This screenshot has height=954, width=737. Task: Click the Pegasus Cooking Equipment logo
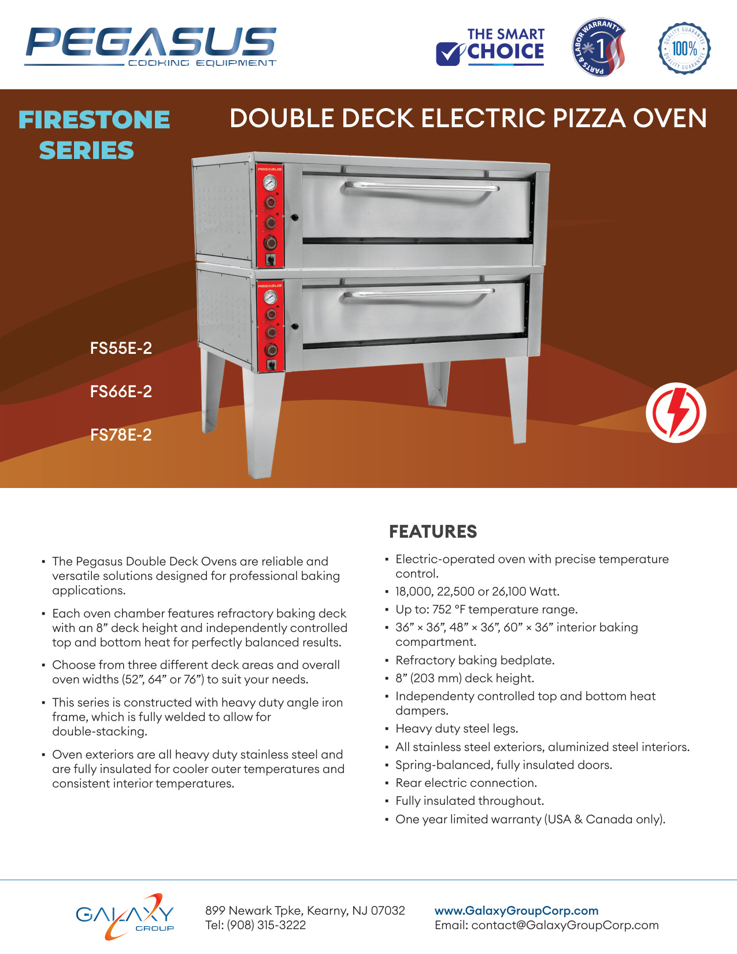click(x=150, y=46)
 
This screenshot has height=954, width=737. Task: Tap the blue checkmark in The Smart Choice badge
click(x=450, y=54)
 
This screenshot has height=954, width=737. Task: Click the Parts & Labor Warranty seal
click(x=598, y=47)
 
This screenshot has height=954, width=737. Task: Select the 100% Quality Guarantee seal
click(x=684, y=48)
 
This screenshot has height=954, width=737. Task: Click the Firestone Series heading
click(x=94, y=134)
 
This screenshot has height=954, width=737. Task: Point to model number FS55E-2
click(x=121, y=348)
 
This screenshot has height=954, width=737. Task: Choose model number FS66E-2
click(x=121, y=391)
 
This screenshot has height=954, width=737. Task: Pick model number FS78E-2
click(x=121, y=435)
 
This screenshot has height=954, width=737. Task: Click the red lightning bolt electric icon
click(x=676, y=413)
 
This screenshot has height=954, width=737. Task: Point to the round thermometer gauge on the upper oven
click(x=269, y=182)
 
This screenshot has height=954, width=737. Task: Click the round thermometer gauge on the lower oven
click(x=270, y=297)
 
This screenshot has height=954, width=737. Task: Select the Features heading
click(x=433, y=531)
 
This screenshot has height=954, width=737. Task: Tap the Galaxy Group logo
click(x=125, y=916)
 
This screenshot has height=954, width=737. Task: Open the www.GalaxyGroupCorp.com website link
click(x=516, y=911)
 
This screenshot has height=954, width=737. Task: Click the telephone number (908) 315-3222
click(x=266, y=925)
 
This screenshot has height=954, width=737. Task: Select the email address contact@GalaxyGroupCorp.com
click(x=565, y=925)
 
